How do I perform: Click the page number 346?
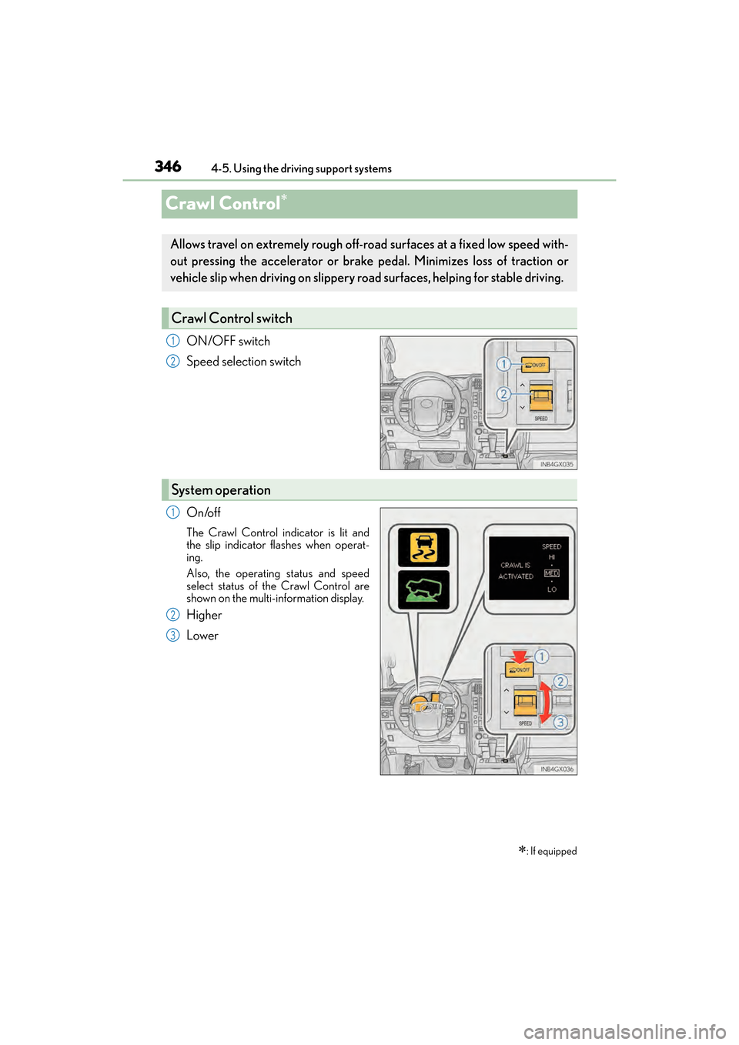click(168, 166)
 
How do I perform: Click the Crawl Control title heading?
click(223, 204)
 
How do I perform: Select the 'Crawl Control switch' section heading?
click(232, 319)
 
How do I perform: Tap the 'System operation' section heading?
click(221, 490)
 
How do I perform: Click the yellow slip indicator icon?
click(423, 547)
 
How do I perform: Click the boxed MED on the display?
click(551, 573)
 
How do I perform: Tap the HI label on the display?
click(551, 557)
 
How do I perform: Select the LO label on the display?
click(551, 589)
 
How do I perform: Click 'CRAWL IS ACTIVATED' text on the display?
click(516, 571)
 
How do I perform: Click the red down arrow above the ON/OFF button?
click(520, 656)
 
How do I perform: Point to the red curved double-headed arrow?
click(545, 702)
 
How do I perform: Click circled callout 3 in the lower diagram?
click(560, 722)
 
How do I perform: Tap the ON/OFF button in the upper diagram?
click(535, 365)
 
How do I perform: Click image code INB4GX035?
click(557, 464)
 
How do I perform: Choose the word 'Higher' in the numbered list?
click(204, 615)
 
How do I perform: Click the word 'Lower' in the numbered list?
click(202, 636)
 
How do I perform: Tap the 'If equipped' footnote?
click(553, 851)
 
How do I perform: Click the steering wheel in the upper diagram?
click(427, 404)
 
